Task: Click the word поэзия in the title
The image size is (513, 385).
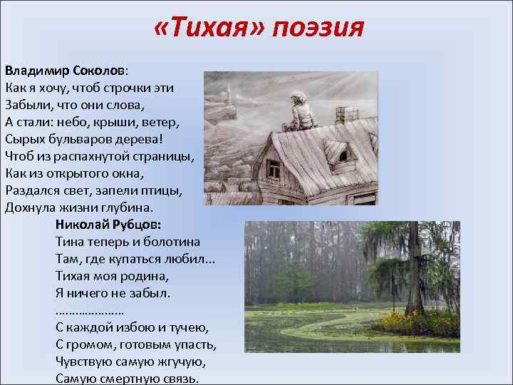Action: point(318,29)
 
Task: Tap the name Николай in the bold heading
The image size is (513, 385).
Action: point(81,225)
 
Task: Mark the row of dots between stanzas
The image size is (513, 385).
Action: point(90,311)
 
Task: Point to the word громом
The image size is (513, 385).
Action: point(90,345)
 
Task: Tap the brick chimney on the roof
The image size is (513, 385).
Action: point(347,113)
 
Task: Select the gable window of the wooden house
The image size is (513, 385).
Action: point(273,168)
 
